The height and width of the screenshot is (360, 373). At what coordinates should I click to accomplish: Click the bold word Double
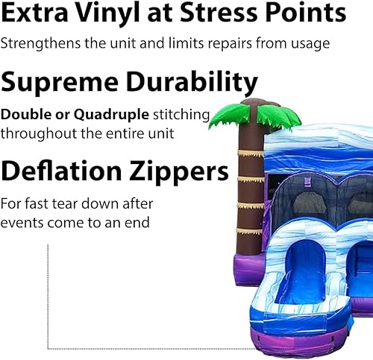(x=21, y=116)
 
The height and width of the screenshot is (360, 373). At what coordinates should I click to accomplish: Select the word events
(x=20, y=223)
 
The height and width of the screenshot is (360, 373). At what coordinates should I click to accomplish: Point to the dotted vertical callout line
(x=48, y=298)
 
